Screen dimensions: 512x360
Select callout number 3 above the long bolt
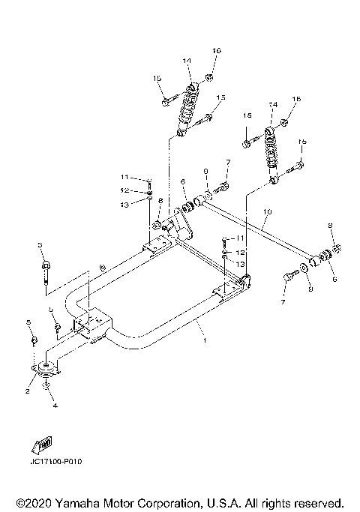tap(40, 245)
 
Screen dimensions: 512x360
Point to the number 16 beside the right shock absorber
tap(296, 99)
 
